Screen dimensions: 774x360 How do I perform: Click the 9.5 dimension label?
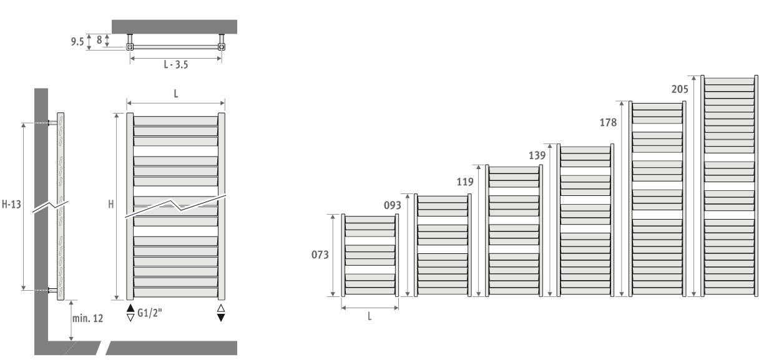[x=77, y=42]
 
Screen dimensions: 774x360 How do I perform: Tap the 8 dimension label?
[x=99, y=40]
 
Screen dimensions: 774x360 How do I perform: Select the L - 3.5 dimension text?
[x=176, y=65]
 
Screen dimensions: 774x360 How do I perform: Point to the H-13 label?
[x=11, y=204]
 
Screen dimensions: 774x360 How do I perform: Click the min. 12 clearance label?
[x=88, y=318]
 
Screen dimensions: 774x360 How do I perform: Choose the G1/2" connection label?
[x=150, y=313]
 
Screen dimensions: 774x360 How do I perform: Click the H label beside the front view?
[x=111, y=204]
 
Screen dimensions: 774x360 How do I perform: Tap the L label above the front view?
[x=176, y=94]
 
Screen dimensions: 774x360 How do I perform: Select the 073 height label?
[x=320, y=255]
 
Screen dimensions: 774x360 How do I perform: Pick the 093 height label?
[x=393, y=205]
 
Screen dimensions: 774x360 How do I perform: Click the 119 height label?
[x=465, y=182]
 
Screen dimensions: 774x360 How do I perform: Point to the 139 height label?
[x=537, y=155]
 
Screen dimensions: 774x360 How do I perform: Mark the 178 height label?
[x=608, y=122]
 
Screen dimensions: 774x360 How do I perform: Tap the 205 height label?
[x=680, y=89]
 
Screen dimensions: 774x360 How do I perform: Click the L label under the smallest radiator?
[x=370, y=316]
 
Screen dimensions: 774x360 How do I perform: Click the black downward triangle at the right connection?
[x=221, y=318]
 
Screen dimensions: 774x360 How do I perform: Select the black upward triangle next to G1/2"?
[x=130, y=308]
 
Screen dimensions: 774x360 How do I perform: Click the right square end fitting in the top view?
[x=222, y=47]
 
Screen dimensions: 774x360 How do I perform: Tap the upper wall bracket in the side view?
[x=53, y=123]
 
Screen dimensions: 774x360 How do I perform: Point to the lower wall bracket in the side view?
[x=53, y=290]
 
